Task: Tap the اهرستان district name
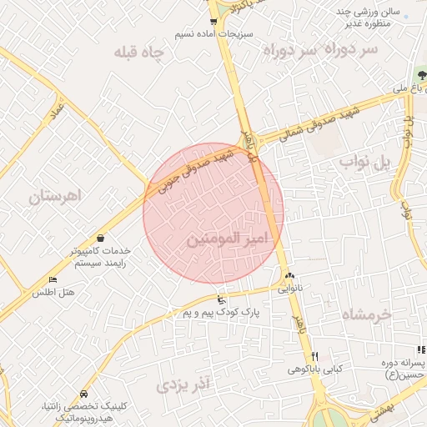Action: click(52, 198)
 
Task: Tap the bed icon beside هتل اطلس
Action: click(53, 279)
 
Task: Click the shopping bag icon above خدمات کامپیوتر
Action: click(101, 239)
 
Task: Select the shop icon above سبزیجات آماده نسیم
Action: click(213, 22)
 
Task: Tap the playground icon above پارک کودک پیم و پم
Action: click(220, 299)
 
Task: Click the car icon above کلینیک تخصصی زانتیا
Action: click(83, 393)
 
